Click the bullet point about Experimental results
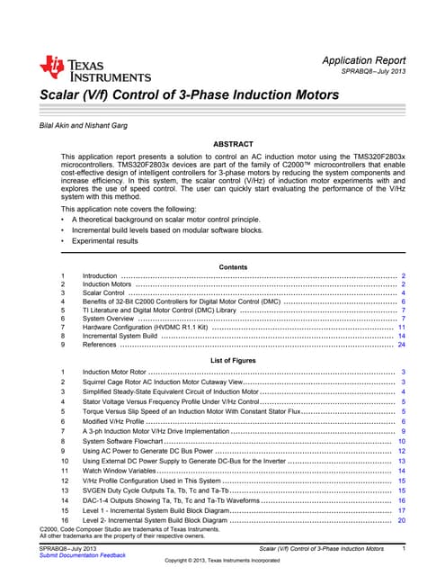coord(113,241)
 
